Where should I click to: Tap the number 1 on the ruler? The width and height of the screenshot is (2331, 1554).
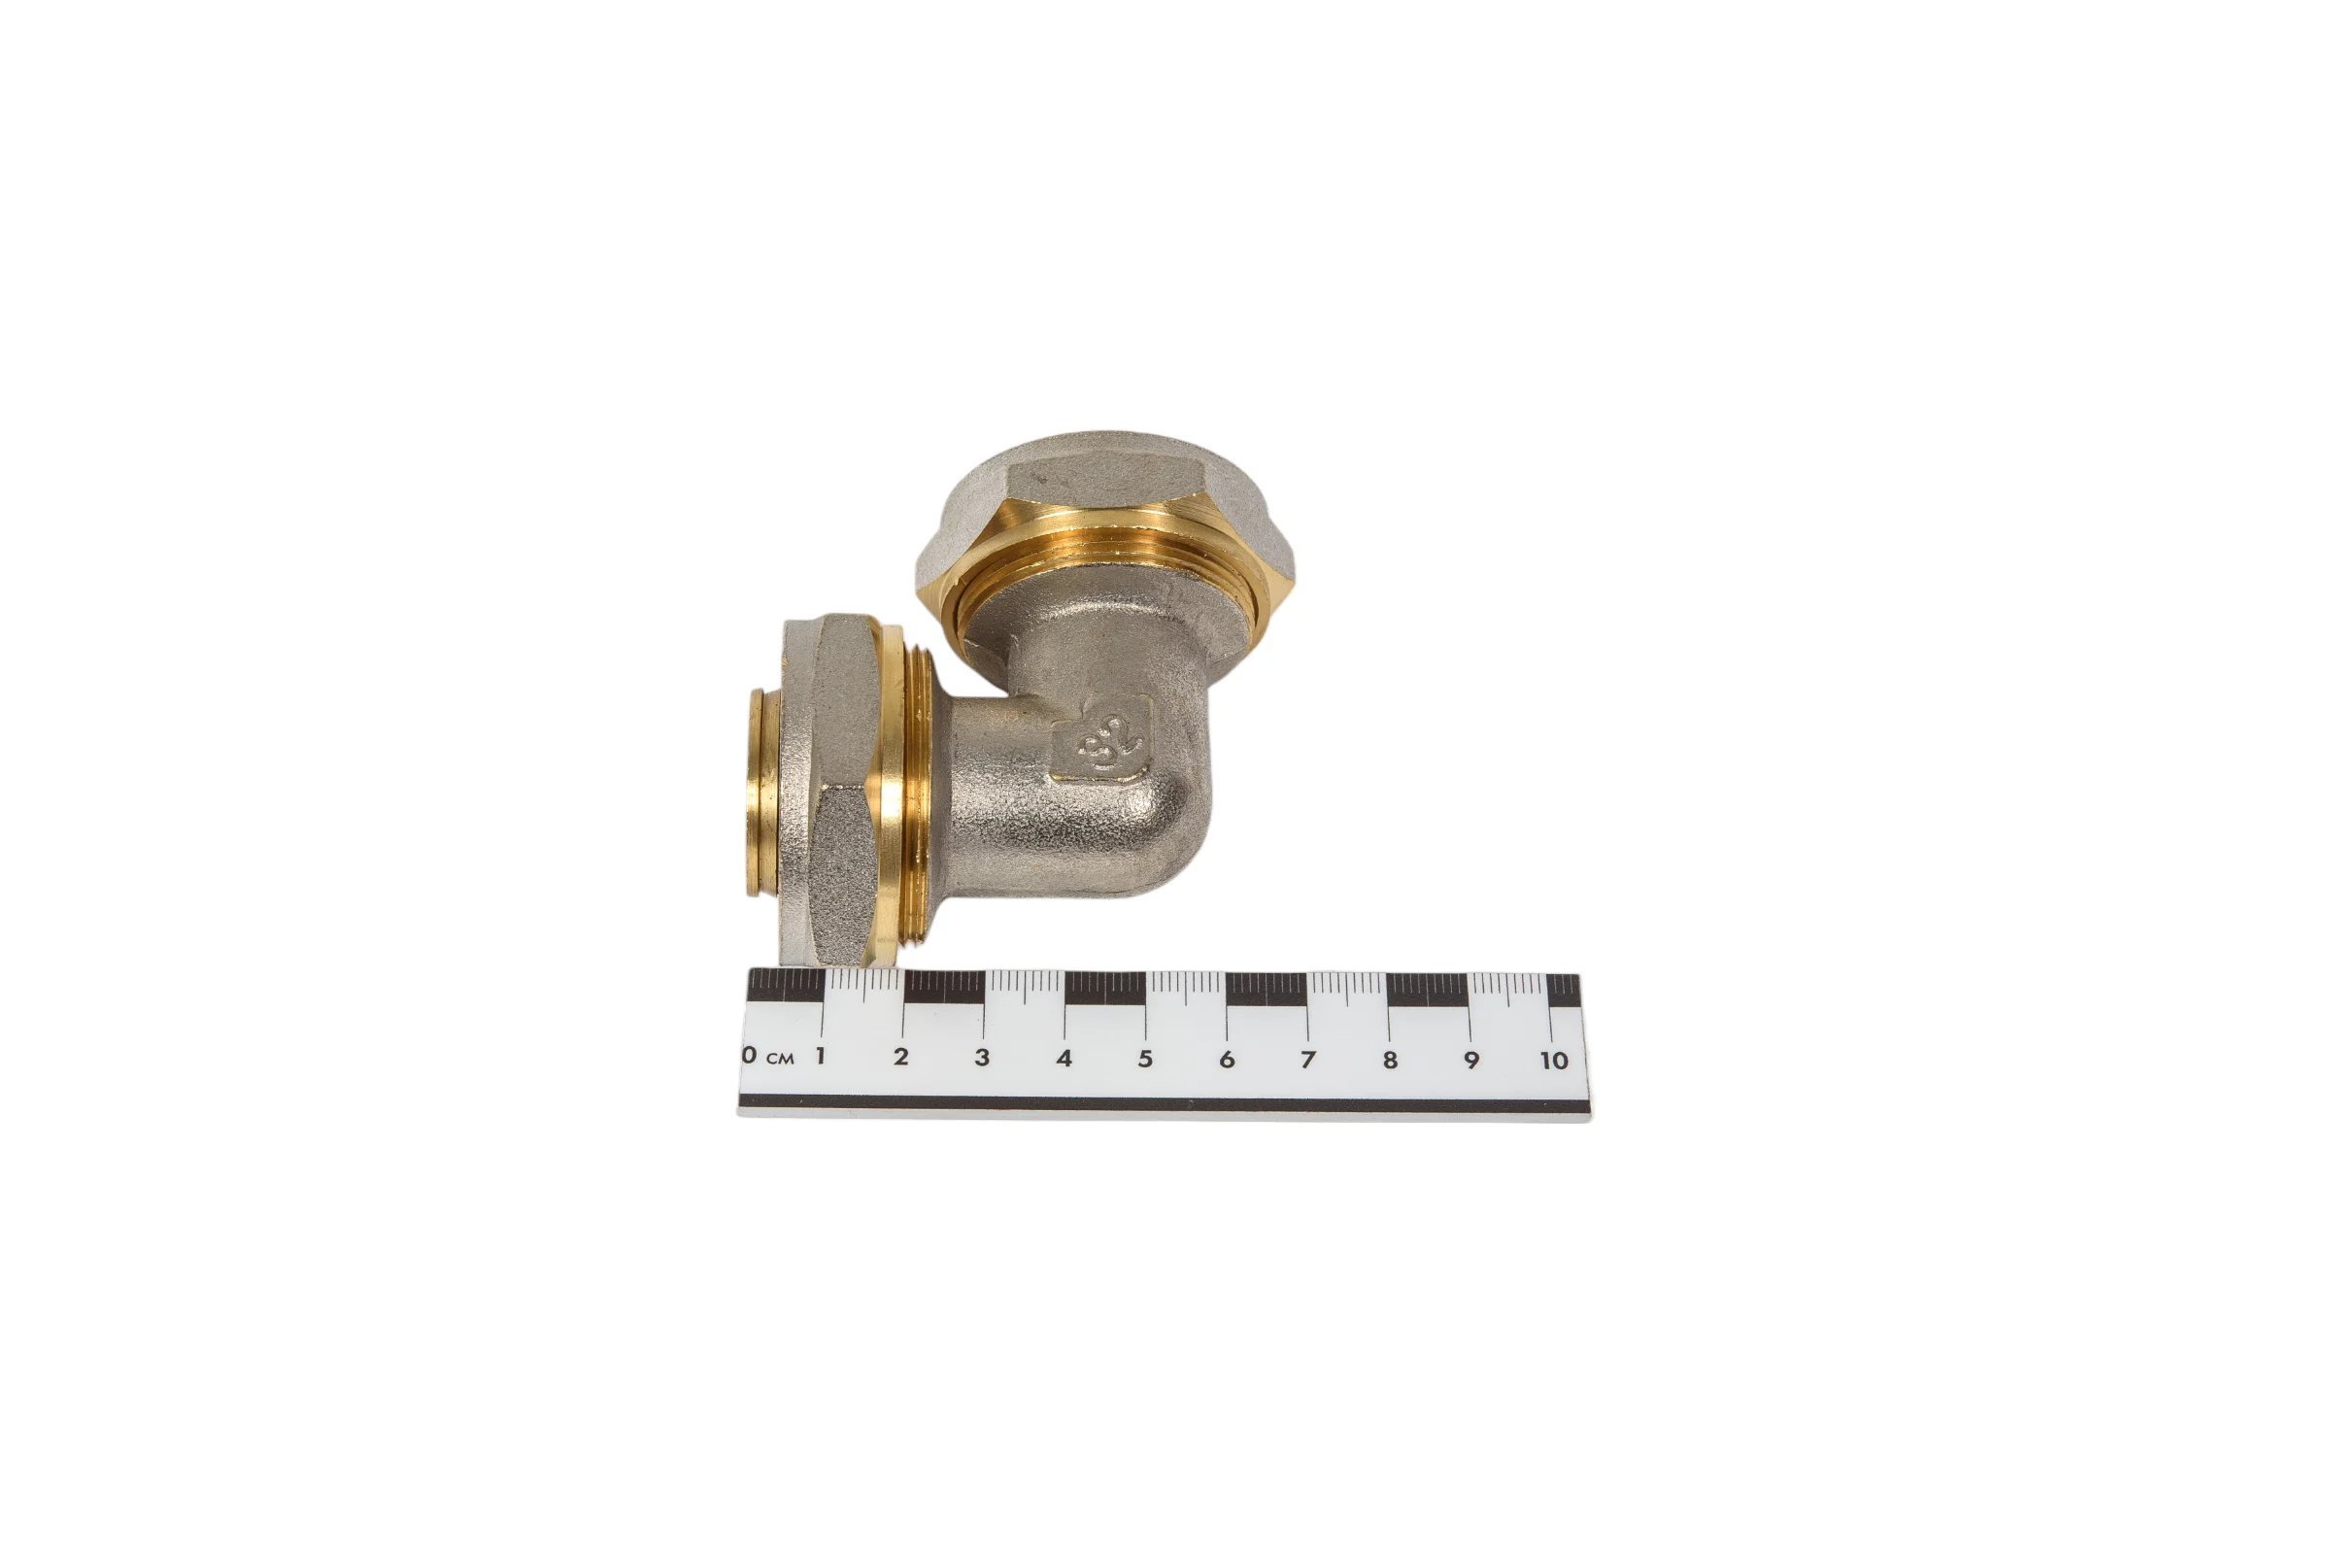(x=821, y=1055)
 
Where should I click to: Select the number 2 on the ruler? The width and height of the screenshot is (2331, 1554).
(x=901, y=1057)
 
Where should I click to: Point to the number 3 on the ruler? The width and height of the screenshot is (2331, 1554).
(x=982, y=1058)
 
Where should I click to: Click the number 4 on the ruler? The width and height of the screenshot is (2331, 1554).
(x=1064, y=1059)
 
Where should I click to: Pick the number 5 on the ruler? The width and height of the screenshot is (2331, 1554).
(x=1146, y=1059)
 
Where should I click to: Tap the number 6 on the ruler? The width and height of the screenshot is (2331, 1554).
(x=1227, y=1060)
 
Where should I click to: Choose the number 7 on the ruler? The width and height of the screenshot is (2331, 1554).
(x=1308, y=1061)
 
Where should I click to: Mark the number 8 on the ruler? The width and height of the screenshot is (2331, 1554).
(x=1391, y=1061)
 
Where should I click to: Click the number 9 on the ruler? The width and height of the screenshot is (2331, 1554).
(x=1471, y=1061)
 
